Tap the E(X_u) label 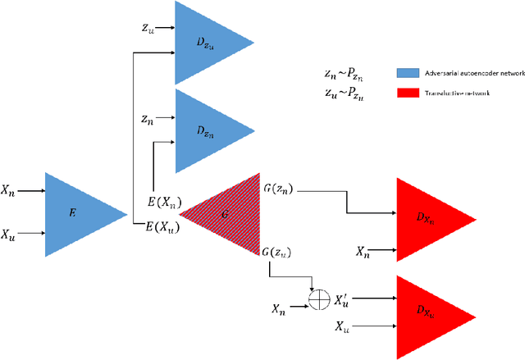pos(163,225)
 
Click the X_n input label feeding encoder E pos(8,190)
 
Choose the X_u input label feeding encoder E pos(8,233)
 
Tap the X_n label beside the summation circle pos(280,308)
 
